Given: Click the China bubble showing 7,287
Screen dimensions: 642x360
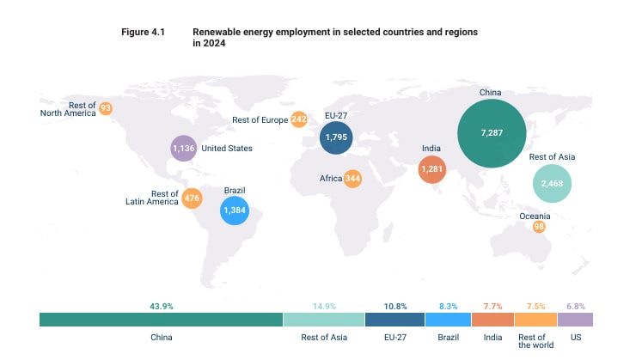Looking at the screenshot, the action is click(x=492, y=133).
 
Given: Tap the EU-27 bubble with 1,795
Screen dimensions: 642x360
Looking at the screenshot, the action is click(x=336, y=137).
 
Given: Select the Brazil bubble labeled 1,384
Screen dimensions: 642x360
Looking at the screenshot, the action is click(x=235, y=211).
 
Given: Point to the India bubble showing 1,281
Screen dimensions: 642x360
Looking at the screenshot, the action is click(x=432, y=169).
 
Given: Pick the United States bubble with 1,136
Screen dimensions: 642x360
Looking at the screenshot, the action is click(x=183, y=148).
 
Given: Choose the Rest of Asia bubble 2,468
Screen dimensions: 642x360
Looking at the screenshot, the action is click(x=552, y=184).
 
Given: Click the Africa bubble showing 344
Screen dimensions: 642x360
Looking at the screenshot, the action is click(x=352, y=179).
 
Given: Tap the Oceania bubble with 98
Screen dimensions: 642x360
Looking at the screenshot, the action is click(x=539, y=227).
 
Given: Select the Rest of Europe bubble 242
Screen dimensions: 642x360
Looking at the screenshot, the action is click(x=299, y=119).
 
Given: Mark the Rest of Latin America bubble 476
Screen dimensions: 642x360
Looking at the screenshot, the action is click(x=192, y=198).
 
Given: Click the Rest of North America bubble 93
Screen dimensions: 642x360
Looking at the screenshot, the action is click(x=106, y=108).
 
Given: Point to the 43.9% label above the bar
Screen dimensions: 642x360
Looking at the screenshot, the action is click(x=162, y=307).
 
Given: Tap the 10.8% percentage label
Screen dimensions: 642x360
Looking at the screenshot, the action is click(x=395, y=307).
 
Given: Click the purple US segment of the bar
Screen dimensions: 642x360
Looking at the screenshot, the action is click(x=575, y=320).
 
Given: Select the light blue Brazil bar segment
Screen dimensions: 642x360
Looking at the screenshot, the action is click(x=449, y=320).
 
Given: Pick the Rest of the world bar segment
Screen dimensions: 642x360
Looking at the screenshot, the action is click(x=535, y=320).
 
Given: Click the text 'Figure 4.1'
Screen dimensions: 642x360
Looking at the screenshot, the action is click(x=143, y=32).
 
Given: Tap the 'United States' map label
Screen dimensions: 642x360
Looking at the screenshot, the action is click(x=227, y=149).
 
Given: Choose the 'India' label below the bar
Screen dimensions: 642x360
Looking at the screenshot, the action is click(x=492, y=338).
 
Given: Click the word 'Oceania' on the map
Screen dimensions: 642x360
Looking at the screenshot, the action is click(x=535, y=216).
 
